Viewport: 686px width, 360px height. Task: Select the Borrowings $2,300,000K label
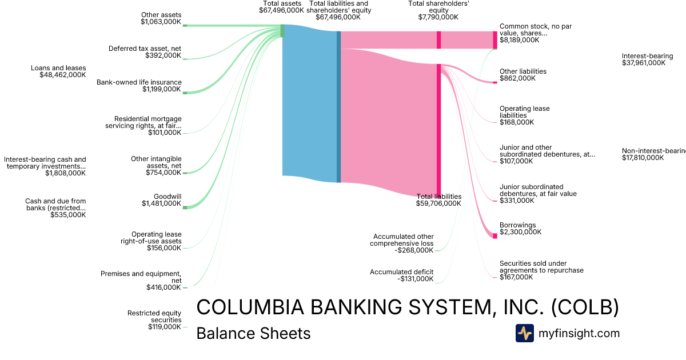tap(521, 229)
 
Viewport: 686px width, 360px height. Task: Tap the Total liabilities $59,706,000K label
tap(438, 200)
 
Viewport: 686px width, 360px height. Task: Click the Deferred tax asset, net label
tap(145, 52)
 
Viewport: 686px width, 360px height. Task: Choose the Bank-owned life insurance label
tap(139, 86)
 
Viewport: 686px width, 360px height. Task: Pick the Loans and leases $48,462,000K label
tap(58, 71)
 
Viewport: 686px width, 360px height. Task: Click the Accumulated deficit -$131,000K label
tap(401, 275)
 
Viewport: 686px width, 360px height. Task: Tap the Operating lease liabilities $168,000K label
tap(524, 115)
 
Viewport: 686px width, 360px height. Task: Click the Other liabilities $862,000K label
tap(523, 75)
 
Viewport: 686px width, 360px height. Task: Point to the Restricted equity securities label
tap(154, 320)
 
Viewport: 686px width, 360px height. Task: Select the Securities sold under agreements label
tap(541, 270)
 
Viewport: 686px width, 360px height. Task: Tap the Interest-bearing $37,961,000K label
tap(647, 59)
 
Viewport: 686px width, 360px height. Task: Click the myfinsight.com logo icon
tap(524, 333)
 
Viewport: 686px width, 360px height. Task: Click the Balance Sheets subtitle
tap(253, 334)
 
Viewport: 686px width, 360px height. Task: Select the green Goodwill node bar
tap(185, 207)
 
